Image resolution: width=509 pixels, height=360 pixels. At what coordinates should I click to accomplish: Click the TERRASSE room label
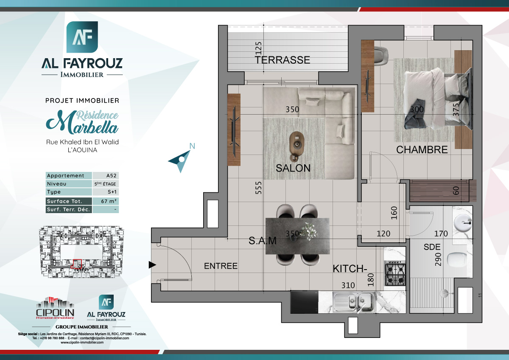[x=282, y=60]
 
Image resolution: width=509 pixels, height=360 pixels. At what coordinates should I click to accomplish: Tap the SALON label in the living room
[x=293, y=168]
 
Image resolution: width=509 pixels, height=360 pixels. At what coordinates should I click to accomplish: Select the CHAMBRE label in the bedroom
[x=422, y=149]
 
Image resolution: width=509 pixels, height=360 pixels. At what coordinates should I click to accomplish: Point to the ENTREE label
[x=221, y=266]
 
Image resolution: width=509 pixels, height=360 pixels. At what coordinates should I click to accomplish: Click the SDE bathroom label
[x=432, y=247]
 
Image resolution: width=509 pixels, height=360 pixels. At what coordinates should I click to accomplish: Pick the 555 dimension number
[x=258, y=188]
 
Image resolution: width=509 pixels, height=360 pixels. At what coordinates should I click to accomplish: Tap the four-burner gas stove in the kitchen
[x=395, y=274]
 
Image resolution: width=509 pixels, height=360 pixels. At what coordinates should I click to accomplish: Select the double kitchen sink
[x=353, y=302]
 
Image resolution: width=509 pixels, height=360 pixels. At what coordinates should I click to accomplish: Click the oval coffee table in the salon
[x=296, y=143]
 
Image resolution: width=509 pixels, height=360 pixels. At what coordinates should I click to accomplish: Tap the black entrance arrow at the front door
[x=152, y=265]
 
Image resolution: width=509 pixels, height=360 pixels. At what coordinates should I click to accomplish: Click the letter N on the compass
[x=192, y=146]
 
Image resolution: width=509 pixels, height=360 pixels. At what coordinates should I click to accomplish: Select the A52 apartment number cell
[x=105, y=176]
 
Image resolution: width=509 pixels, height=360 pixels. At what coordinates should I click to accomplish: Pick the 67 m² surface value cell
[x=105, y=201]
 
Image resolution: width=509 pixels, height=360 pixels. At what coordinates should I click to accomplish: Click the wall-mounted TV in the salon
[x=234, y=129]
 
